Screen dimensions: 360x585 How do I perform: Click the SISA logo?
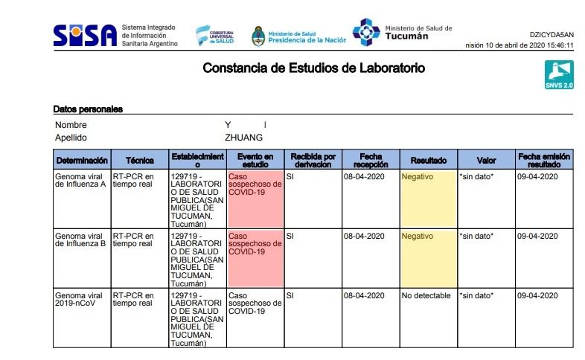click(86, 34)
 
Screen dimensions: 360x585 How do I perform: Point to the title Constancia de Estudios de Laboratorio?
click(314, 68)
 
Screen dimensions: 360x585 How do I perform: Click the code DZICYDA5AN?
click(552, 34)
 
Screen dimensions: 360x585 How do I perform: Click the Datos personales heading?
click(88, 109)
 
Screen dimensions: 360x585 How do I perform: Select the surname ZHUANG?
click(243, 138)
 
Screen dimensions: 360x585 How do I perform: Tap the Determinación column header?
click(82, 160)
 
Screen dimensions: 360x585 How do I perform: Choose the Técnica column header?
click(140, 160)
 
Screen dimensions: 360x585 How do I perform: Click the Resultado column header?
click(428, 160)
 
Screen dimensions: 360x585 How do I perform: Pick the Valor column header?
click(486, 160)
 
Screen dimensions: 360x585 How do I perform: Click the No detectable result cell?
click(426, 295)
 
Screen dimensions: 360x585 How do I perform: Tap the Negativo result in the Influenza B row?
click(417, 236)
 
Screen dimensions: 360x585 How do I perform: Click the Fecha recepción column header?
click(370, 160)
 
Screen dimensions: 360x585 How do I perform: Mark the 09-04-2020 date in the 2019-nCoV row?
click(538, 295)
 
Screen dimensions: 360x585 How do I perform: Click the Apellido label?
click(71, 138)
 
